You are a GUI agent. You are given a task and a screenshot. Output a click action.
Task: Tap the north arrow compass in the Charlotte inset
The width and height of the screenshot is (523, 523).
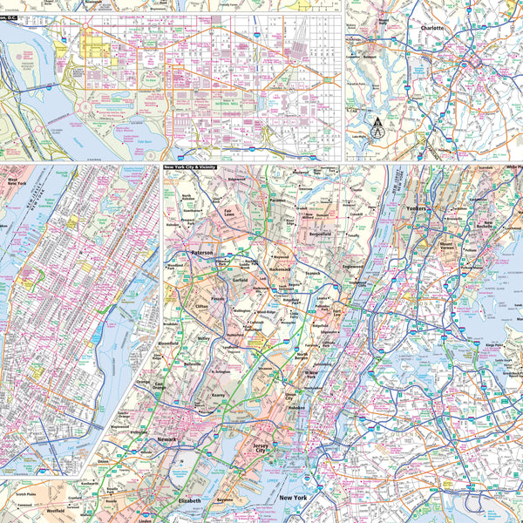click(x=377, y=128)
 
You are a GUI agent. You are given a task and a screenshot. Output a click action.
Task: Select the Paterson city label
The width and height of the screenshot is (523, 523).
click(x=202, y=251)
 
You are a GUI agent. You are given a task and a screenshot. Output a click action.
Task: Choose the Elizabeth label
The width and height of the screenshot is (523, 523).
click(x=189, y=501)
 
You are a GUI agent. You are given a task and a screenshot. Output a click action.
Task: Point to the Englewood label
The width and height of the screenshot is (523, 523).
click(x=352, y=266)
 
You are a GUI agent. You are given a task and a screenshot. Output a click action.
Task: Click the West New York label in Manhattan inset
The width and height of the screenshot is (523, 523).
click(x=17, y=181)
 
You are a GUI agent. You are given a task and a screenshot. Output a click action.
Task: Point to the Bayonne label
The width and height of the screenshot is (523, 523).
click(x=225, y=501)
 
